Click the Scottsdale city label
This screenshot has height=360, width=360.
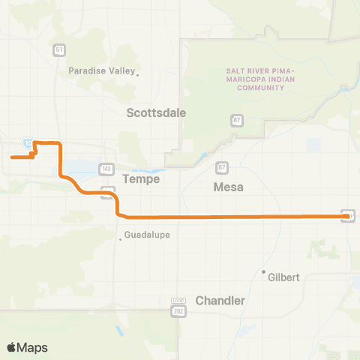tap(156, 112)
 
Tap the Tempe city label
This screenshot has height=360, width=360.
tap(141, 180)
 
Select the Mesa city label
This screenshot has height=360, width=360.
tap(229, 187)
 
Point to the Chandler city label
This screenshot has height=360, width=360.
tap(220, 300)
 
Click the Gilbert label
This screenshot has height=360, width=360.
tap(284, 277)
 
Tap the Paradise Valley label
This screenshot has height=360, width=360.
tap(101, 71)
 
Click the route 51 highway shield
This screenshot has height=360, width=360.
tap(58, 50)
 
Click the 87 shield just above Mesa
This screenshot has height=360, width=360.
tap(221, 167)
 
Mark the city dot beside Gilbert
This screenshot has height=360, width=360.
tap(263, 271)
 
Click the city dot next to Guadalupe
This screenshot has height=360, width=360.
tap(120, 240)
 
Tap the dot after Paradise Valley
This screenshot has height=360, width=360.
tap(137, 73)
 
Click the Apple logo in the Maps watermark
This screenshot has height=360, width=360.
tap(12, 347)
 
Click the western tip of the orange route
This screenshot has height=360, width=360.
tap(11, 157)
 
